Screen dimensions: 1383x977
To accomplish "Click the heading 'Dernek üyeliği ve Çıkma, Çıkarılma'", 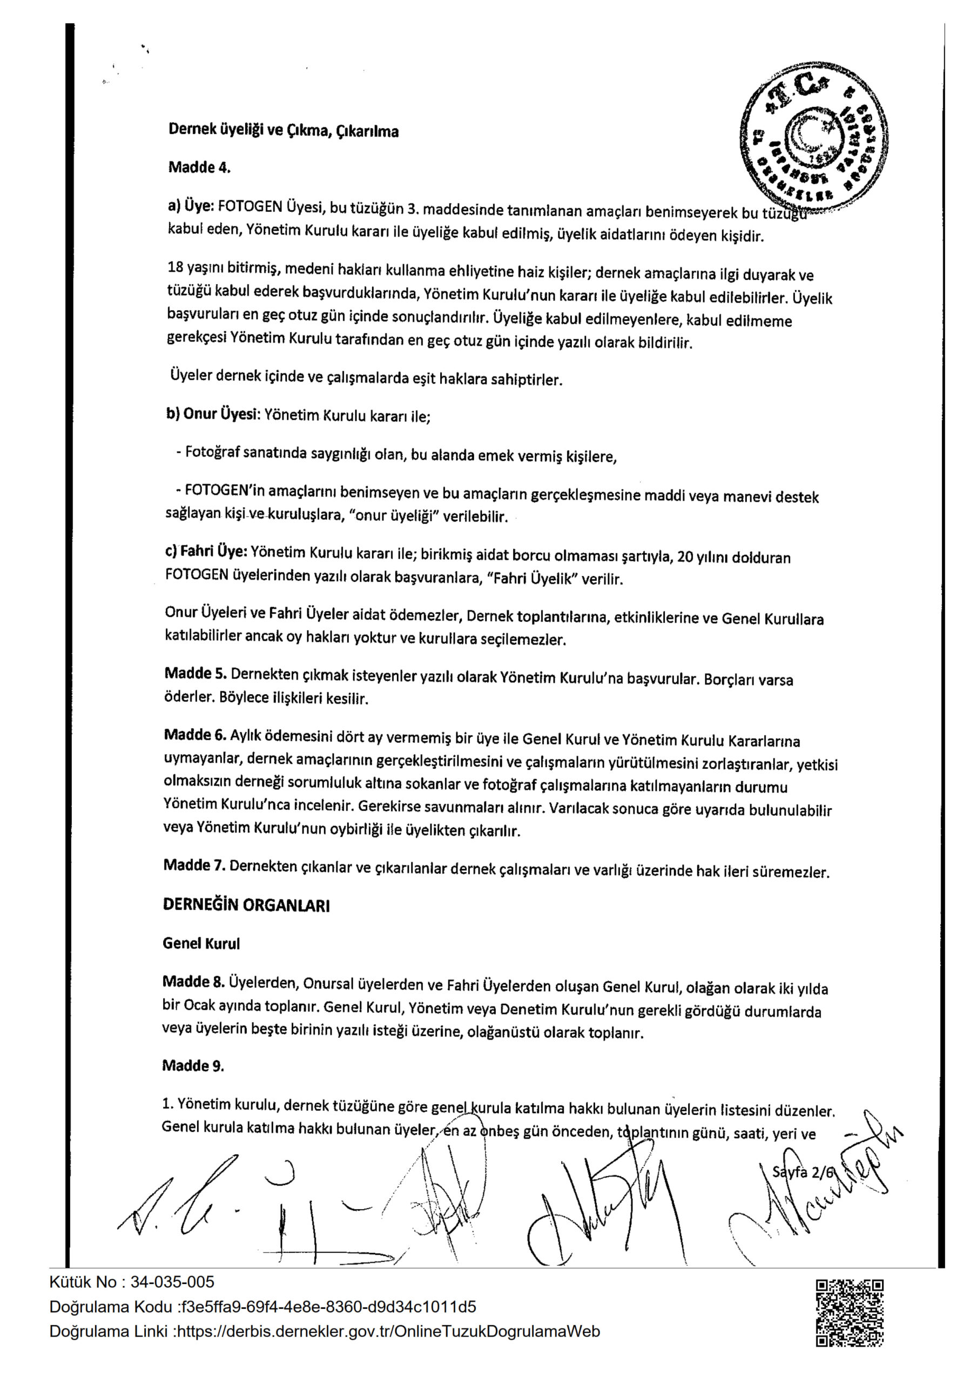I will coord(283,130).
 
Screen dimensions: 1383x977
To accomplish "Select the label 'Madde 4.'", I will coord(199,167).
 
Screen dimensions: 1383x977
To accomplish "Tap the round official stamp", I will coord(814,142).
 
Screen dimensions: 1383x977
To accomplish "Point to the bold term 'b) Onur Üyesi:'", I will coord(213,414).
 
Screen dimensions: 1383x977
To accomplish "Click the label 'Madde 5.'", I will coord(195,673).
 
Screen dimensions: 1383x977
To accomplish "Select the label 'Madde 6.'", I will coord(195,734).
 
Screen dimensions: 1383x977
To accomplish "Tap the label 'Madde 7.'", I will coord(194,865).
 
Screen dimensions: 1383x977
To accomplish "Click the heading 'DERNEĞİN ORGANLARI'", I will coord(246,905).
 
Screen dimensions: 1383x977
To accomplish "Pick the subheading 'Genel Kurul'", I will coord(201,943).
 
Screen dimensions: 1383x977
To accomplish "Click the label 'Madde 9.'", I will coord(193,1065).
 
